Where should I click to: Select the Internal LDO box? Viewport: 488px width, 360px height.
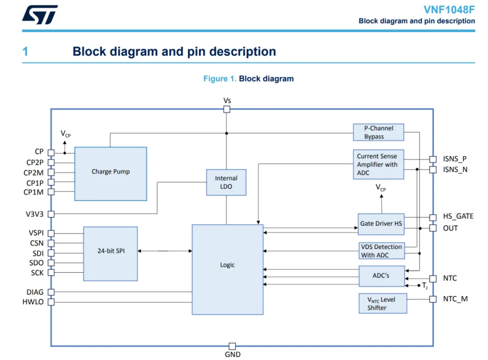(x=226, y=182)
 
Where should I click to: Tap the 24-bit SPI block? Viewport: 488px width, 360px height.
(x=111, y=253)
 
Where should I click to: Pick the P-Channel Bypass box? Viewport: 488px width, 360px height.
(x=378, y=132)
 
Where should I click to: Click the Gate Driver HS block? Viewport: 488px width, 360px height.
(x=381, y=224)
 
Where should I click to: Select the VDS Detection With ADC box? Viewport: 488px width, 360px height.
(x=382, y=251)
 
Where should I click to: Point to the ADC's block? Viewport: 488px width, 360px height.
(x=382, y=276)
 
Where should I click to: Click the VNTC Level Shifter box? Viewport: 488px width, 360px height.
(x=383, y=303)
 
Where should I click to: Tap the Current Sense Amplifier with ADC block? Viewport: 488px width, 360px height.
(x=379, y=165)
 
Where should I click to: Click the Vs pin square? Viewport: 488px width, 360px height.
(x=226, y=109)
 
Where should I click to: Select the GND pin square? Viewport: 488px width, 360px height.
(x=232, y=346)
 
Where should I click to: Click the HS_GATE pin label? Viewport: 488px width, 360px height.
(x=458, y=217)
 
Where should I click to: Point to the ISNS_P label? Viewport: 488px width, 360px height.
(x=455, y=159)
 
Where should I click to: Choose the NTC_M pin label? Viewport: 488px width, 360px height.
(x=455, y=299)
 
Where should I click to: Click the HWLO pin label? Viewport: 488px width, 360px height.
(x=33, y=302)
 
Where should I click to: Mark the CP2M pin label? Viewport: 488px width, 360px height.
(x=34, y=173)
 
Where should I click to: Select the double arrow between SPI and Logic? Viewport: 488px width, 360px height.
(x=165, y=251)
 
